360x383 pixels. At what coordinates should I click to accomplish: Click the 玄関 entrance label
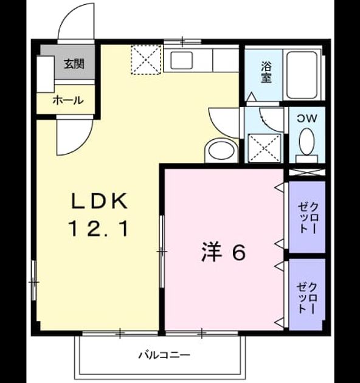[x=74, y=64]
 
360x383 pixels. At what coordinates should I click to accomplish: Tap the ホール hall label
[x=68, y=100]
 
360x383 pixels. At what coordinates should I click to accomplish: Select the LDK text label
[x=99, y=201]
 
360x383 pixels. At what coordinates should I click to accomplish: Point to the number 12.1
[x=99, y=229]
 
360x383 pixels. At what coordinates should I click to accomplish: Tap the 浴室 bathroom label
[x=266, y=72]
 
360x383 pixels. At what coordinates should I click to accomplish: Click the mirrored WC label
[x=307, y=119]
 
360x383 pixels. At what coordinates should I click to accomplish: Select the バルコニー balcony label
[x=164, y=355]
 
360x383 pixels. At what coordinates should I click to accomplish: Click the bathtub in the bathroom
[x=302, y=75]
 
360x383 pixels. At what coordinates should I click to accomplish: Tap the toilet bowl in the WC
[x=306, y=142]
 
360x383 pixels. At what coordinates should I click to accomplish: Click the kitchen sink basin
[x=182, y=60]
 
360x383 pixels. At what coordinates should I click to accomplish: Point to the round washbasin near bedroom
[x=222, y=151]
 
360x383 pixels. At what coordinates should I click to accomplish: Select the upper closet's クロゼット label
[x=308, y=218]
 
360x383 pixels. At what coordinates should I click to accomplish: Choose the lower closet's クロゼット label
[x=308, y=298]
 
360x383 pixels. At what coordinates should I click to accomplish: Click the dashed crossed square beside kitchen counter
[x=146, y=60]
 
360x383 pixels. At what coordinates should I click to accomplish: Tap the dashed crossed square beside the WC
[x=265, y=148]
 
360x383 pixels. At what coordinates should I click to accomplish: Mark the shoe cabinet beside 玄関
[x=46, y=74]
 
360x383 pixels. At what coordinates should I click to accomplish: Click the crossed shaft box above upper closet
[x=307, y=172]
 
